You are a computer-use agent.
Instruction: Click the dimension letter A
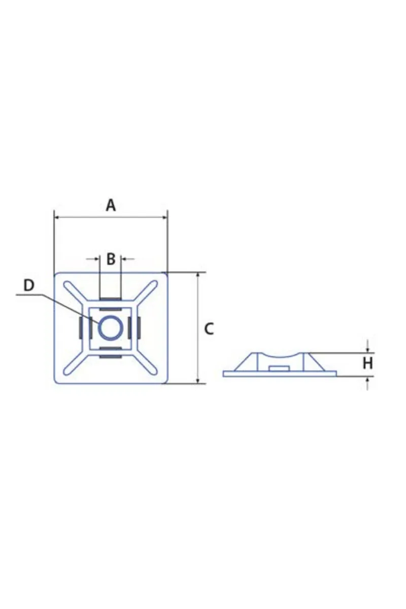pos(111,206)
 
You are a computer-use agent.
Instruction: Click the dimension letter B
pos(111,259)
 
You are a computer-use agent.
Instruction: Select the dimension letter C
pos(209,329)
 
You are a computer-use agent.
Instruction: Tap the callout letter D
pos(28,285)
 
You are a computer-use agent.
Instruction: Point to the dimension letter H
pos(367,363)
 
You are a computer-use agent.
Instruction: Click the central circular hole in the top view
pos(111,327)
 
